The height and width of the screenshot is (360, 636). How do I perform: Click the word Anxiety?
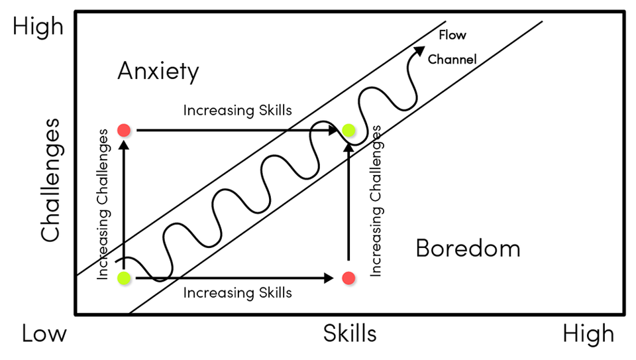pos(158,71)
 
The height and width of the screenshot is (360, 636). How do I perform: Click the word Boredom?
pos(468,249)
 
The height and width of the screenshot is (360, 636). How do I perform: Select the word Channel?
pos(452,59)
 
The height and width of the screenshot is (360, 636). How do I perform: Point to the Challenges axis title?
pos(51,180)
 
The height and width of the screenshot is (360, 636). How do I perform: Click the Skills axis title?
pos(350,333)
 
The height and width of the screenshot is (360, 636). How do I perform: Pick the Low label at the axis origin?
pos(44,333)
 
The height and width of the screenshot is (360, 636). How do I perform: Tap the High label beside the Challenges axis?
pos(38,27)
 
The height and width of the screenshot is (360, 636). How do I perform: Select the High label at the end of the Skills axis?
pos(588,334)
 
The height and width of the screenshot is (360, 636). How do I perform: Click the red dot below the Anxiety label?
pos(123,130)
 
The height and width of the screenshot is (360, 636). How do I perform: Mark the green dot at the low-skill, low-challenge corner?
pos(123,278)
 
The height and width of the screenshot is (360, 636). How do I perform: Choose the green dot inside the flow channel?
pos(349,131)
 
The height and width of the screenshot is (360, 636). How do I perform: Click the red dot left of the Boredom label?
pos(348,278)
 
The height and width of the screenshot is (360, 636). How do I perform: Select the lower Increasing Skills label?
pos(237,292)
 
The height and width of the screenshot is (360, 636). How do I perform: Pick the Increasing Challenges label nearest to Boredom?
pos(376,200)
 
